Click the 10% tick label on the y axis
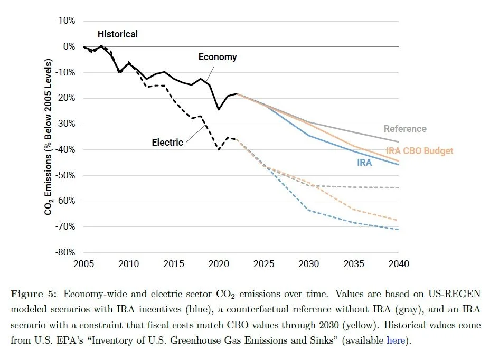[x=68, y=21]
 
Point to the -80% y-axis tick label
[x=66, y=252]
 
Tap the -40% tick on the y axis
[x=66, y=149]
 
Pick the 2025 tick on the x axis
[x=263, y=263]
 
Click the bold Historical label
[x=117, y=34]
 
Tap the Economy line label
[x=218, y=57]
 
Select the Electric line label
[x=167, y=142]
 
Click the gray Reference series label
[x=404, y=129]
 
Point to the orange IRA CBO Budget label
[x=419, y=151]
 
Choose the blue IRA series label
[x=364, y=163]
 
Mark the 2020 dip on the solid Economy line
[x=219, y=109]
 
